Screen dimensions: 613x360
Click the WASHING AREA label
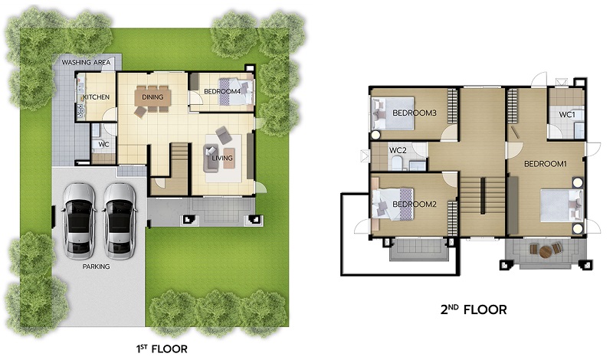click(86, 62)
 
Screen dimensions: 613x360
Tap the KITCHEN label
click(97, 97)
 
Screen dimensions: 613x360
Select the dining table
click(152, 97)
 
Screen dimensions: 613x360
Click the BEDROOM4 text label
click(222, 91)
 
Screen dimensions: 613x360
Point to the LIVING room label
click(222, 158)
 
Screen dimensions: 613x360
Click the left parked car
click(79, 221)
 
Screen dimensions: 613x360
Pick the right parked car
click(120, 221)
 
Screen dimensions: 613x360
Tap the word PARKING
click(96, 267)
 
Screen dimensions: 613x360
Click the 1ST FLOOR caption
click(162, 349)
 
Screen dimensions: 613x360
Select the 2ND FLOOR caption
click(474, 309)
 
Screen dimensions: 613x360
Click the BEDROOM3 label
click(415, 113)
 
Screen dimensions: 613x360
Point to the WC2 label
click(398, 150)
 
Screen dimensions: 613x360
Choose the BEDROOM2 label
click(415, 204)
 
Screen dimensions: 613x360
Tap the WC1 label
click(567, 115)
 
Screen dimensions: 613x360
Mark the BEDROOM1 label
click(546, 164)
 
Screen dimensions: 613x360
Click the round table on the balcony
click(545, 252)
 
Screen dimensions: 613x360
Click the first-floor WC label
click(103, 144)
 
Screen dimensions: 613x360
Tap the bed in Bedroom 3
click(392, 113)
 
